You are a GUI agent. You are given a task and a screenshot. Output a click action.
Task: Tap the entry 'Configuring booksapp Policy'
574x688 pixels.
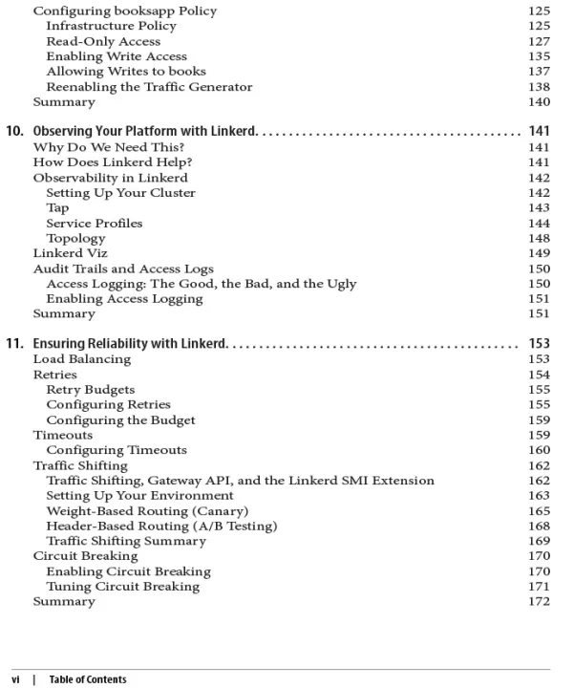coord(125,11)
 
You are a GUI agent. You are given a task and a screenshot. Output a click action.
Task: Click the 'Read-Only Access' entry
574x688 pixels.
coord(103,41)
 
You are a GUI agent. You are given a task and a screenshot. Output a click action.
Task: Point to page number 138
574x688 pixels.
coord(539,86)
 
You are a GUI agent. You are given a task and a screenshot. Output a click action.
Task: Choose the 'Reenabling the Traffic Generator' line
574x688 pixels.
coord(149,86)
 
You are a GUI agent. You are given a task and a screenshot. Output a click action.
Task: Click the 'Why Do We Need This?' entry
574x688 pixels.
coord(96,147)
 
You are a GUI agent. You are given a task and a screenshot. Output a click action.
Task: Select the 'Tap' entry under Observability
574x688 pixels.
coord(57,207)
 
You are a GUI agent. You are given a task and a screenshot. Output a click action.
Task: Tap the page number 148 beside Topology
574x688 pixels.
coord(539,238)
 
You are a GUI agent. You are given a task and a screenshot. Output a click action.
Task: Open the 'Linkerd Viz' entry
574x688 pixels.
coord(71,253)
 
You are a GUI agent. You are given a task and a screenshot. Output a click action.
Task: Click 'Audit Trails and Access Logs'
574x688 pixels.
coord(123,269)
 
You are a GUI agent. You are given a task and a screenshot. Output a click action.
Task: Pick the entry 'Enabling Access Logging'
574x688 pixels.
coord(124,298)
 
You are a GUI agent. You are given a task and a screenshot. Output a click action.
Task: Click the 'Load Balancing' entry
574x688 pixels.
coord(82,359)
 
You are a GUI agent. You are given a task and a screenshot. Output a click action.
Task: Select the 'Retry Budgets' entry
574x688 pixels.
coord(91,390)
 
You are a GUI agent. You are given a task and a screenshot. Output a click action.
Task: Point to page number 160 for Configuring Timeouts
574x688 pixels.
coord(539,450)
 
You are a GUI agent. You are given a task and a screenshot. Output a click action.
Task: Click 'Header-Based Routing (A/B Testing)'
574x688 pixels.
coord(161,527)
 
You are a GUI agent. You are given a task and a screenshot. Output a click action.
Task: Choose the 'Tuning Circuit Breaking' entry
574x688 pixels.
coord(122,587)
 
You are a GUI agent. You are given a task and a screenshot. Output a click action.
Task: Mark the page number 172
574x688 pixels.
coord(539,602)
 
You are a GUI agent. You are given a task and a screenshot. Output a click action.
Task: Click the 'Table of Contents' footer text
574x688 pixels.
coord(88,679)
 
